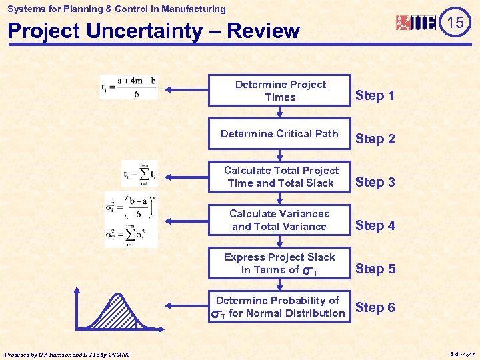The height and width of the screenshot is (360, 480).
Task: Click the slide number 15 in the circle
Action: pyautogui.click(x=455, y=23)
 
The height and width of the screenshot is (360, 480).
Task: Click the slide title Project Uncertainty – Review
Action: pyautogui.click(x=153, y=31)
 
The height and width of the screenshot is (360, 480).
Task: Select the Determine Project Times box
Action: pyautogui.click(x=280, y=91)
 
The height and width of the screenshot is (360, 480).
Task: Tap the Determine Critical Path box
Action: pyautogui.click(x=280, y=134)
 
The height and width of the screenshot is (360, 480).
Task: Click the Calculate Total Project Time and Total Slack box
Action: pyautogui.click(x=280, y=177)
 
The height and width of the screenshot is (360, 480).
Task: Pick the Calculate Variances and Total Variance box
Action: pyautogui.click(x=280, y=220)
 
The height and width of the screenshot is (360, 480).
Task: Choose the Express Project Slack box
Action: pyautogui.click(x=280, y=263)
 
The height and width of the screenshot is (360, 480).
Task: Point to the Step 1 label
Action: pyautogui.click(x=375, y=95)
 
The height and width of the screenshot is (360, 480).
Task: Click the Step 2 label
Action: pyautogui.click(x=375, y=139)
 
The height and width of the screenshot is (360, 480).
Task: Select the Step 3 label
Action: pyautogui.click(x=375, y=182)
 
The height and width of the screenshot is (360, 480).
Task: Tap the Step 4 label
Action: pyautogui.click(x=375, y=225)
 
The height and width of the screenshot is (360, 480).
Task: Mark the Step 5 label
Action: pyautogui.click(x=375, y=269)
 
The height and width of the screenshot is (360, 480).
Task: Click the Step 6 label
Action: pyautogui.click(x=375, y=307)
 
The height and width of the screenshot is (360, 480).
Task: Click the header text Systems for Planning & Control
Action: pyautogui.click(x=117, y=9)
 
